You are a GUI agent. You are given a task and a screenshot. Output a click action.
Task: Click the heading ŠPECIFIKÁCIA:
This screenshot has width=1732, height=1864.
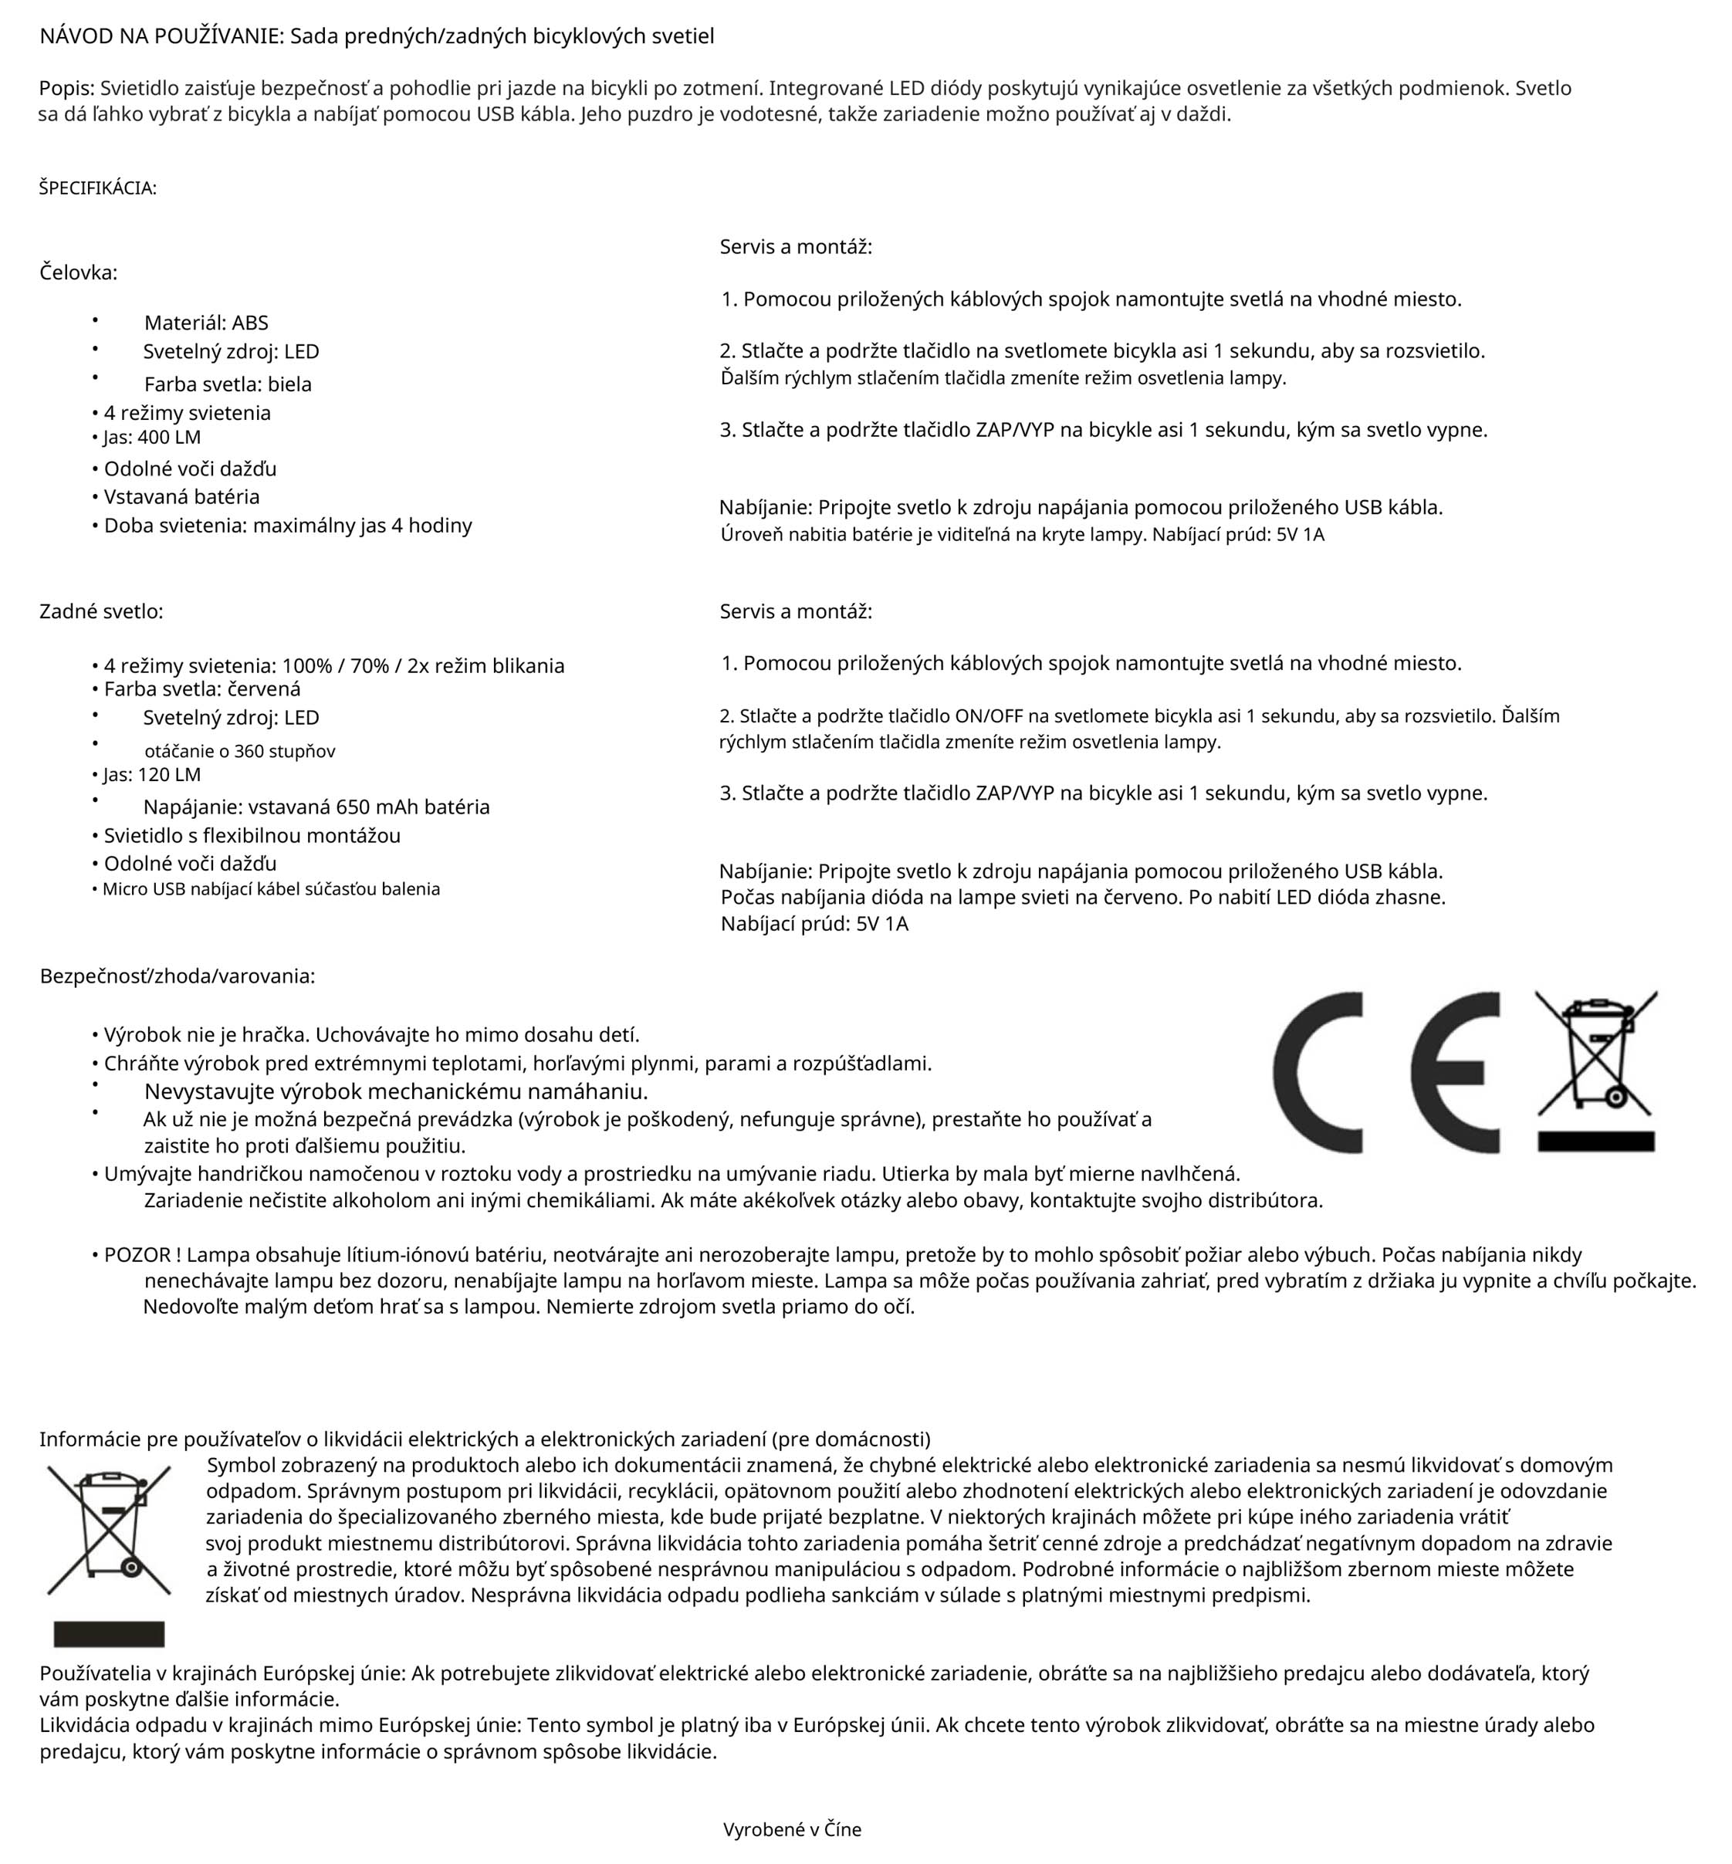97,188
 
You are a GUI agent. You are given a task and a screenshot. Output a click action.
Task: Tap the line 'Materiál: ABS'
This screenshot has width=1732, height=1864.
206,323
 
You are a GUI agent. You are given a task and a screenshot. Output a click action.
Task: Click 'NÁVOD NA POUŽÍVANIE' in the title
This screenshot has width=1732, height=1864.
159,36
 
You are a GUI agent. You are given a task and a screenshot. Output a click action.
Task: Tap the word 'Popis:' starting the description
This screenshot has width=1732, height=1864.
66,89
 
